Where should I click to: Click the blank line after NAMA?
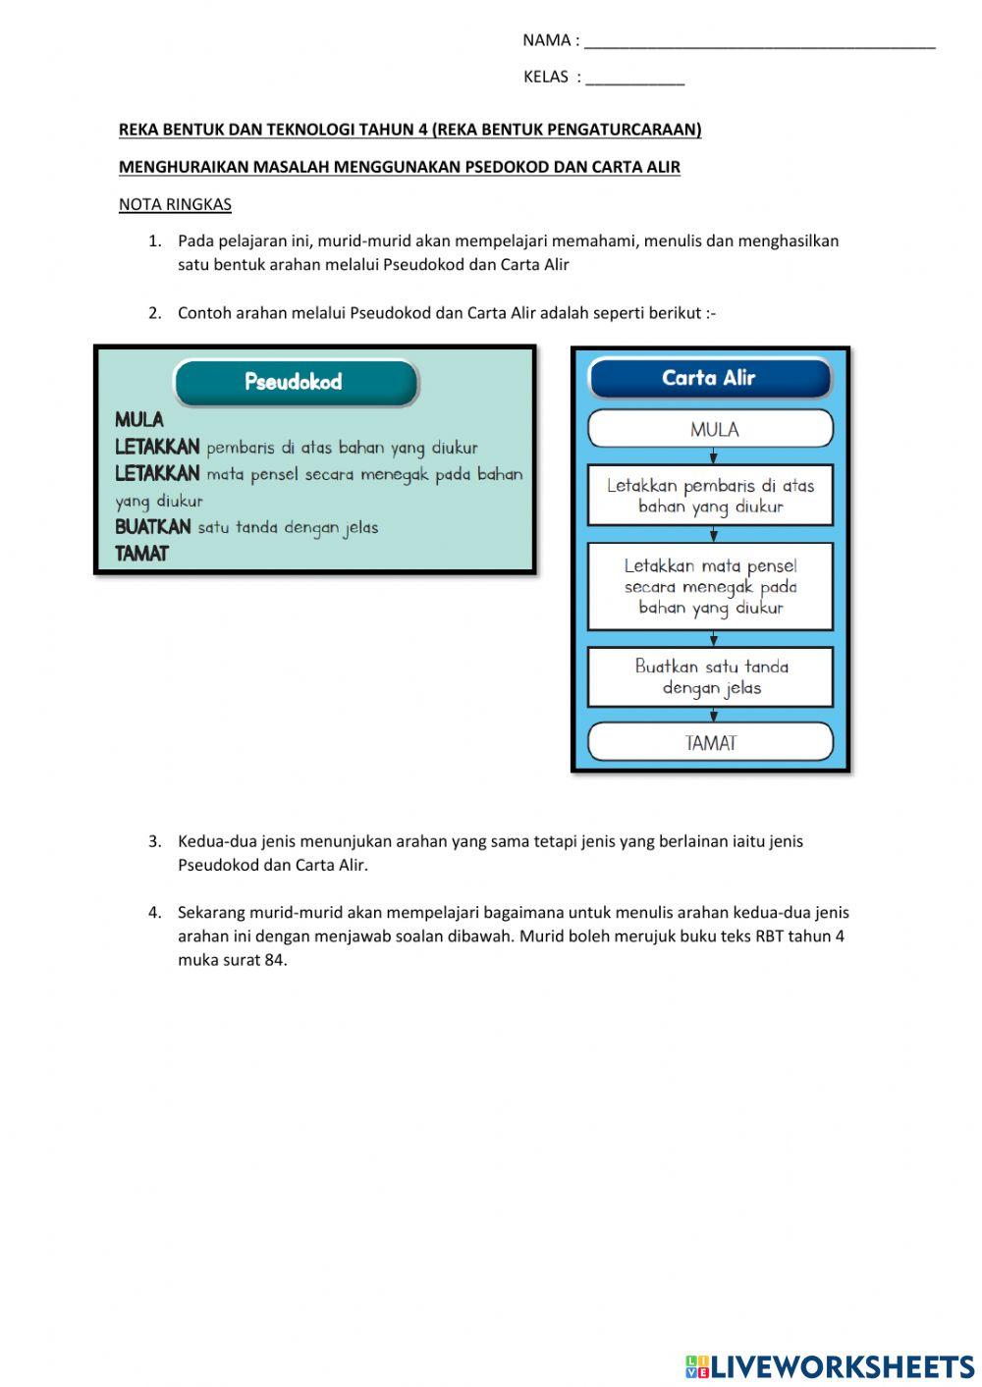point(759,43)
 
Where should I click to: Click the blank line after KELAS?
point(634,80)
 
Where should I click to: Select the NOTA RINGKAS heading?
point(175,204)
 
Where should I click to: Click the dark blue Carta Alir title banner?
point(709,378)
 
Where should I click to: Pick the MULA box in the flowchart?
point(710,429)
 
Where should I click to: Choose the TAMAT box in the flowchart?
point(710,742)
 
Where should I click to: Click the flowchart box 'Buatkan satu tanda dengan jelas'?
point(710,676)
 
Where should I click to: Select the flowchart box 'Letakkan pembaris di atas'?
point(710,496)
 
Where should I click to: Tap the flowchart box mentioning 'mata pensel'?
point(710,586)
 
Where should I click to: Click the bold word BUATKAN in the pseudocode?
point(153,527)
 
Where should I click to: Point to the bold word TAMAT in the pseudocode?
point(141,554)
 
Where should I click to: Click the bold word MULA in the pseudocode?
point(139,420)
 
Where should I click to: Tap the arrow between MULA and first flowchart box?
point(713,456)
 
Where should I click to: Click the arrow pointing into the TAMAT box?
point(713,716)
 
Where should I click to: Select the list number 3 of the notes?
point(154,841)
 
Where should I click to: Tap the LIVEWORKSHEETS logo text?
point(842,1366)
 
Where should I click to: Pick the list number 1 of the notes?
point(154,240)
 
